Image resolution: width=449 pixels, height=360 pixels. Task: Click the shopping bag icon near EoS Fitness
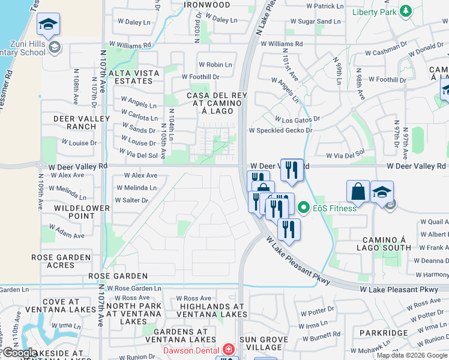click(x=358, y=191)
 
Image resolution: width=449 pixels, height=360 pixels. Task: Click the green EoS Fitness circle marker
click(x=304, y=208)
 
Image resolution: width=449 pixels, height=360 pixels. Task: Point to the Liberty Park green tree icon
click(x=406, y=11)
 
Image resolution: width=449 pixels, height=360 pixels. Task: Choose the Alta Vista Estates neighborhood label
click(x=134, y=77)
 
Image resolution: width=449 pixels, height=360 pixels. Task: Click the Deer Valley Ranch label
click(x=75, y=122)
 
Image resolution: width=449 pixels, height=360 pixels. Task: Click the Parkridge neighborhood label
click(x=384, y=332)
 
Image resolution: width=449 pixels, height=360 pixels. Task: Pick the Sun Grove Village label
click(x=264, y=343)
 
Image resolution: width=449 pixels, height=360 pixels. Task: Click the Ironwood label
click(x=207, y=5)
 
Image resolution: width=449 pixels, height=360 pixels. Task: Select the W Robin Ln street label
click(x=215, y=65)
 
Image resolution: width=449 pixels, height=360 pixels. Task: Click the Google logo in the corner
click(x=20, y=353)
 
